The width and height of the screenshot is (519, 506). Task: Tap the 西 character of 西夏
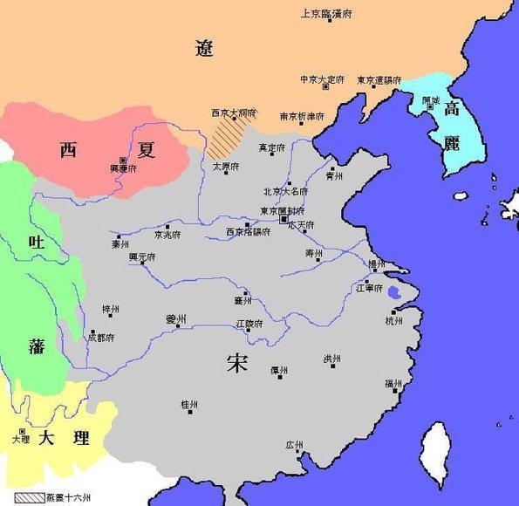tap(68, 149)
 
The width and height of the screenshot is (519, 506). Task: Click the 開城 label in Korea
tap(431, 100)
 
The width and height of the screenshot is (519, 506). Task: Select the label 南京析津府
tap(302, 116)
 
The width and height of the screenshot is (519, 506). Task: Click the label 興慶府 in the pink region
tap(123, 168)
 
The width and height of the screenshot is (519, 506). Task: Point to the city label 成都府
tap(101, 336)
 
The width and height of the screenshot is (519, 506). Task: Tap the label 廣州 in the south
tap(294, 445)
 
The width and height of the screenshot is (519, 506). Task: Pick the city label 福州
tap(393, 384)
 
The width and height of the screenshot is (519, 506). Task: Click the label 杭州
tap(394, 320)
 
